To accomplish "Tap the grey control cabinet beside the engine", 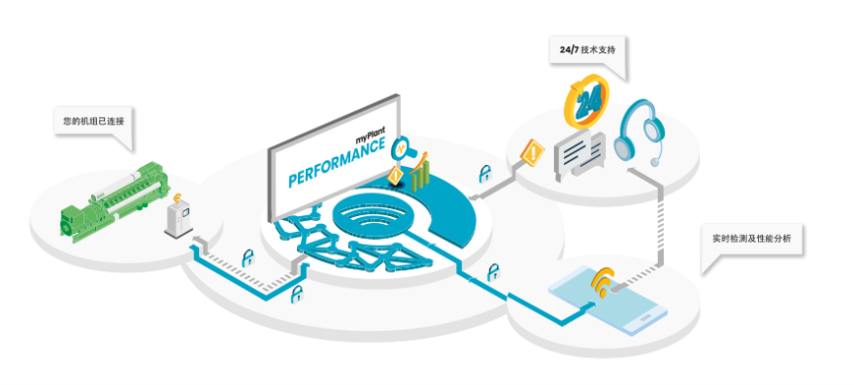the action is (x=178, y=219).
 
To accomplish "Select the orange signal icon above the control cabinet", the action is (x=177, y=196).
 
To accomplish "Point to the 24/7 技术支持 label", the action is (x=587, y=50).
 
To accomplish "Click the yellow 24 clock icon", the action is (x=586, y=101).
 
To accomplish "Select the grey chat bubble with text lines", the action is (x=578, y=155).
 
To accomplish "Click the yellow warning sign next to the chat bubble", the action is (x=532, y=150).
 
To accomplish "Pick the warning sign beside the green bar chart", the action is (x=395, y=176).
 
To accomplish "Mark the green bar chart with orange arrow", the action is (x=420, y=171).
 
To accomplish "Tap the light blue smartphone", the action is (x=607, y=302).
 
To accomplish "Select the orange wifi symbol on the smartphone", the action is (x=602, y=281).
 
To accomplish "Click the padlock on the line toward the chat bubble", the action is (x=484, y=174).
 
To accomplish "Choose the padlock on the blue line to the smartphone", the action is (x=493, y=272).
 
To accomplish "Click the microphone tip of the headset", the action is (x=656, y=161).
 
